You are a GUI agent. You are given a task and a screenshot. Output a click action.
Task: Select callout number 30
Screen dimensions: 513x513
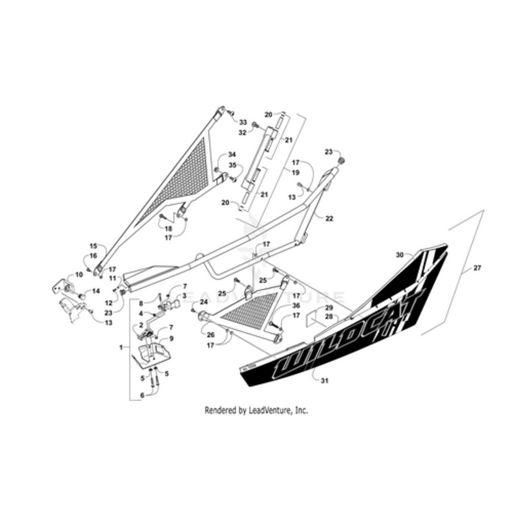[x=399, y=255]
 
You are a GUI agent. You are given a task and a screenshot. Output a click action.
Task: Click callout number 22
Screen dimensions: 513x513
[x=329, y=219]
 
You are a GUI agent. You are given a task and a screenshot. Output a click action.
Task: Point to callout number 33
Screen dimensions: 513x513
[x=244, y=122]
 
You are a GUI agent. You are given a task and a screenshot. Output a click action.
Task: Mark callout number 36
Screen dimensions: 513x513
[x=296, y=305]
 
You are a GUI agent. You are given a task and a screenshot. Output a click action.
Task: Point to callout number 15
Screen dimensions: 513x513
[x=92, y=246]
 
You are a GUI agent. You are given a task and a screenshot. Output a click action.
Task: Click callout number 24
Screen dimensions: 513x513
[x=204, y=301]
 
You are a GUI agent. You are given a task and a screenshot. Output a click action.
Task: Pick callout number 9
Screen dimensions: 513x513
[x=172, y=338]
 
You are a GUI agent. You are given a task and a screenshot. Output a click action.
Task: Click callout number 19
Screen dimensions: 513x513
[x=297, y=172]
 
